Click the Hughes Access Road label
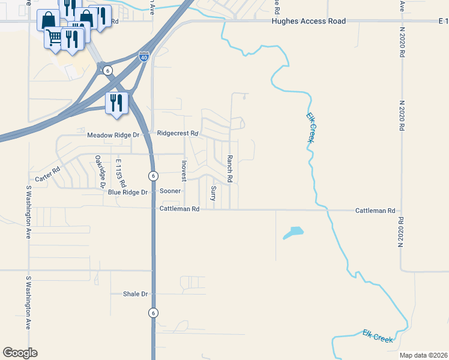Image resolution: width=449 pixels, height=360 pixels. coord(309,21)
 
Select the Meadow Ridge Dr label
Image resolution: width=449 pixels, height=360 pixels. coord(113,135)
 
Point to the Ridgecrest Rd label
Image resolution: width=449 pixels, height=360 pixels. coord(177,133)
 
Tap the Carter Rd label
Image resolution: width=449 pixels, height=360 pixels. coord(48,175)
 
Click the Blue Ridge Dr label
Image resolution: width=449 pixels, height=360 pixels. coord(127,192)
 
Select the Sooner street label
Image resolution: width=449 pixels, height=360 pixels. coord(170,191)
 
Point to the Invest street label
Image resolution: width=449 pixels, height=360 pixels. coord(184,170)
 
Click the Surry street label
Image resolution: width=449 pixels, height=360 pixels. coord(213,193)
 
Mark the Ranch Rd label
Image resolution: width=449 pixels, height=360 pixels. coord(229,169)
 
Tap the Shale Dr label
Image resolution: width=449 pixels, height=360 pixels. coord(135,294)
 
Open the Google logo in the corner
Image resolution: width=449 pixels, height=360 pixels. coord(20,353)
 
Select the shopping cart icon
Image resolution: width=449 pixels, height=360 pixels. coord(53,38)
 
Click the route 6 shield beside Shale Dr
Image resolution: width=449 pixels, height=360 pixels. coord(153,313)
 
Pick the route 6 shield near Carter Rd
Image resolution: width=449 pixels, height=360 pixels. coord(153,175)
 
